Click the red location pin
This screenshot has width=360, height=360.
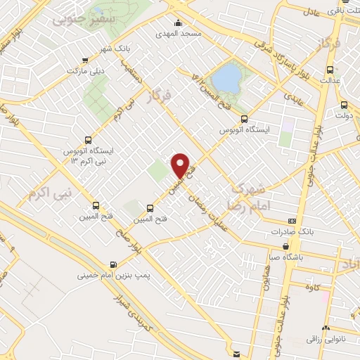[181, 166]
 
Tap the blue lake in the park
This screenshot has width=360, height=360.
[226, 79]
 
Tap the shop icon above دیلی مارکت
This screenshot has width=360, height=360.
[85, 60]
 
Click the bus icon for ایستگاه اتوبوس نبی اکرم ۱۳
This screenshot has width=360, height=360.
[88, 139]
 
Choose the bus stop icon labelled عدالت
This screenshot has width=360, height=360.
[330, 70]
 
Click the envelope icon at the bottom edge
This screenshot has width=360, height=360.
[236, 353]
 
